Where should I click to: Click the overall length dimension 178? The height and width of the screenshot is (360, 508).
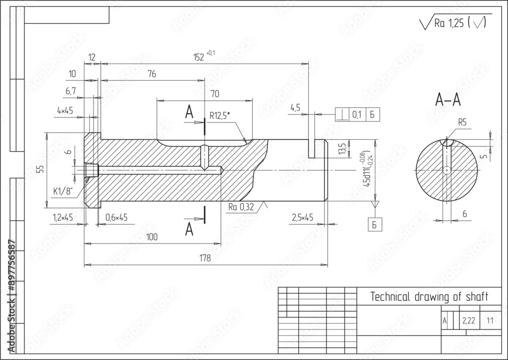205,259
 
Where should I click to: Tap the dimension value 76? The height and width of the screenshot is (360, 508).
151,74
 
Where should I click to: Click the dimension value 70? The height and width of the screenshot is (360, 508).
214,94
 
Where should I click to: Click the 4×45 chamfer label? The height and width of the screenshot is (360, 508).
65,110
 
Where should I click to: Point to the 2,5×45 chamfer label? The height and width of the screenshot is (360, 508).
302,217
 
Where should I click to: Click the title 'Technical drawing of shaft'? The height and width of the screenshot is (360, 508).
429,296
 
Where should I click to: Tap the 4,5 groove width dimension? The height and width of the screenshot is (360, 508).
296,108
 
